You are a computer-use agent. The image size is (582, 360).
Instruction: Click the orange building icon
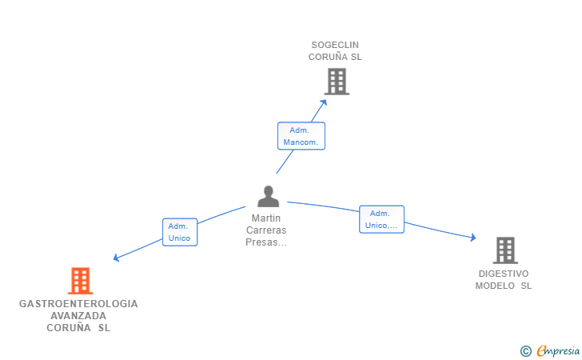pyautogui.click(x=80, y=281)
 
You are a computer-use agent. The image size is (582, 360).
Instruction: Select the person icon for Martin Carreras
pyautogui.click(x=268, y=197)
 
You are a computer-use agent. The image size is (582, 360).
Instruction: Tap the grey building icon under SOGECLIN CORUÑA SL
pyautogui.click(x=337, y=82)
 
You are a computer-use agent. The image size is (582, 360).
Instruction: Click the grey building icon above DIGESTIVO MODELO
pyautogui.click(x=505, y=250)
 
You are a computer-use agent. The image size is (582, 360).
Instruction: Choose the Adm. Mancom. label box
pyautogui.click(x=301, y=136)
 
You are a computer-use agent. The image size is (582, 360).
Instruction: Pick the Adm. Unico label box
pyautogui.click(x=180, y=232)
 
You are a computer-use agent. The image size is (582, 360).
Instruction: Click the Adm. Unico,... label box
pyautogui.click(x=381, y=219)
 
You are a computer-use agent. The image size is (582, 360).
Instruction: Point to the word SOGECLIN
pyautogui.click(x=335, y=45)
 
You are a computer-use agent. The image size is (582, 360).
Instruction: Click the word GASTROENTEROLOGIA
pyautogui.click(x=78, y=304)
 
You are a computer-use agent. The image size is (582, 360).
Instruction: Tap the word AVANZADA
pyautogui.click(x=78, y=316)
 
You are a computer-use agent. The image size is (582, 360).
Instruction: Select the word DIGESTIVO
pyautogui.click(x=504, y=274)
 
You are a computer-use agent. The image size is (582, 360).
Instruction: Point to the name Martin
pyautogui.click(x=266, y=218)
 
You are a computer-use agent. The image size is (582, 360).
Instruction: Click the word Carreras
pyautogui.click(x=266, y=230)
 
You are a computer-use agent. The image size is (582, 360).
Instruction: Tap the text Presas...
pyautogui.click(x=261, y=242)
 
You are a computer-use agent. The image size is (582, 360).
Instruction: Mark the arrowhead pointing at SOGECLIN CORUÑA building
pyautogui.click(x=324, y=102)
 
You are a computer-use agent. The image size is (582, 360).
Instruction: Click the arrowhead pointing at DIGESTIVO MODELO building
pyautogui.click(x=473, y=238)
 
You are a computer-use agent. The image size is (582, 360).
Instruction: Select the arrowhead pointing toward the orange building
pyautogui.click(x=116, y=258)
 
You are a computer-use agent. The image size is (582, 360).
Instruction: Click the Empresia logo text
pyautogui.click(x=558, y=350)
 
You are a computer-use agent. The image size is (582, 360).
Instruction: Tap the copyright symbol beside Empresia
pyautogui.click(x=525, y=351)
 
